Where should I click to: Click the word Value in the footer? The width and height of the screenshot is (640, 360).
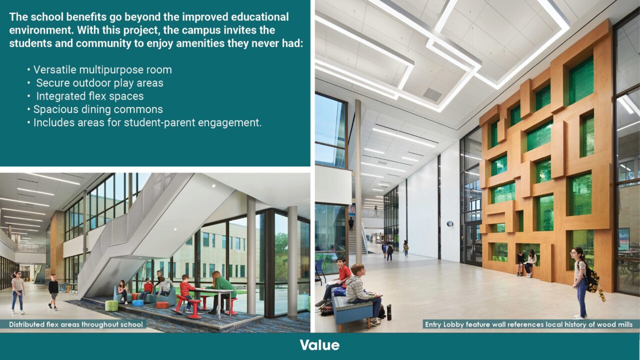click(319, 345)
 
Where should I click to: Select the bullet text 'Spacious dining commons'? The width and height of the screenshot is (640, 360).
click(98, 109)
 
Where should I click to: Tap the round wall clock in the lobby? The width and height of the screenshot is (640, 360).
click(449, 224)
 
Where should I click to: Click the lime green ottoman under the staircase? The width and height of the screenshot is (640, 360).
click(111, 305)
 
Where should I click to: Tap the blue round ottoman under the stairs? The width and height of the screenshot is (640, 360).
click(137, 302)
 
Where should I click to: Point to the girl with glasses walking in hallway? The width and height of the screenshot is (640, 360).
click(18, 291)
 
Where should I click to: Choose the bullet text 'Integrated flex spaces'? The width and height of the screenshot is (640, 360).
click(89, 96)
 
